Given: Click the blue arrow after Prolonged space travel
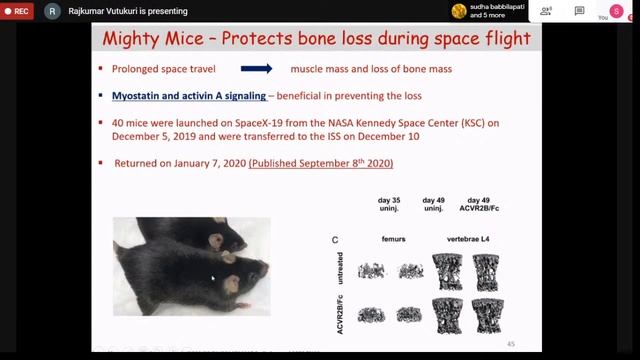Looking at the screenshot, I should pos(258,70).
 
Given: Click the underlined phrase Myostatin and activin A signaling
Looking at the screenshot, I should pos(189,96).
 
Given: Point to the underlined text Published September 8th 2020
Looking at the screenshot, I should pos(322,163).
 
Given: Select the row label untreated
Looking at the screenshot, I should pos(342,269).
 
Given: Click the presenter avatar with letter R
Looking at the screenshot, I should pos(51,11).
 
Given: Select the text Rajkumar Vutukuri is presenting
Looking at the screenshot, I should pos(124,11).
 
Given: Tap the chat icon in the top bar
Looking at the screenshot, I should pos(579,11).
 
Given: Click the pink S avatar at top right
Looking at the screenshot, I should pos(616,10).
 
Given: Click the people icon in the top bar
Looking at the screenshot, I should pos(545,11).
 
